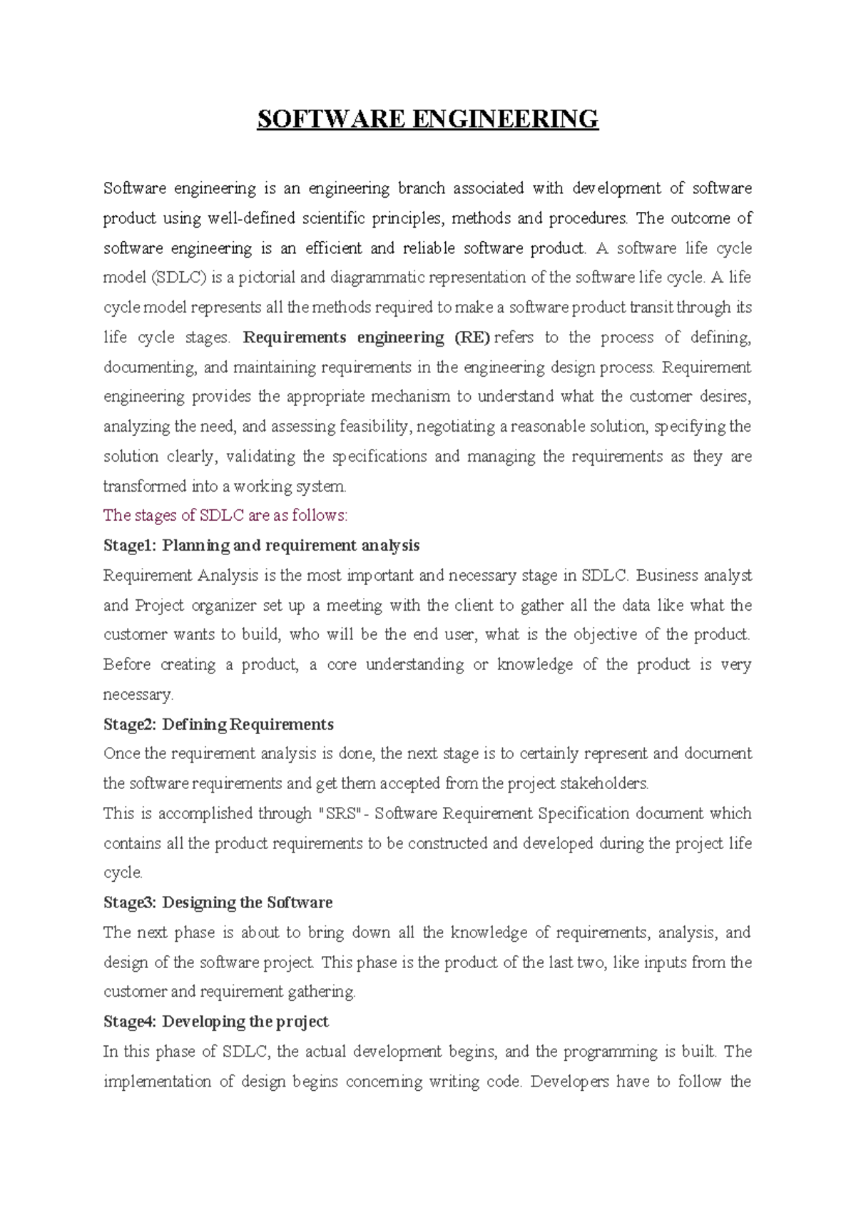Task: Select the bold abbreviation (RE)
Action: (x=472, y=337)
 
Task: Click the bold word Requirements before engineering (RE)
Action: (x=295, y=337)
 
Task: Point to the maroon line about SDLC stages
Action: (x=225, y=515)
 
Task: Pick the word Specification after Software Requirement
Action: (x=584, y=814)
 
